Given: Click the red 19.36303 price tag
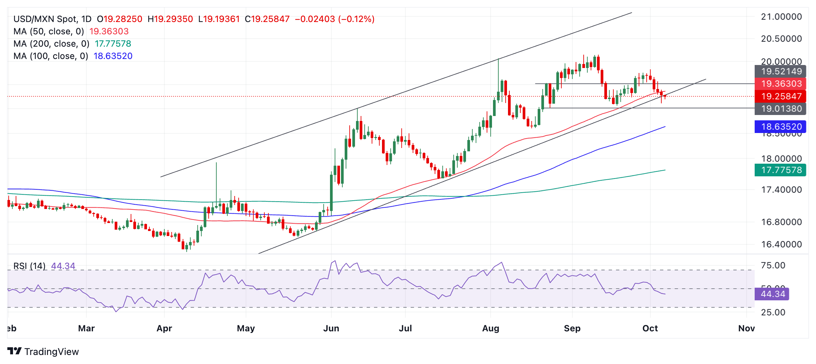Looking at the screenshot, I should coord(780,84).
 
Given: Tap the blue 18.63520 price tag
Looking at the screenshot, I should coord(780,127).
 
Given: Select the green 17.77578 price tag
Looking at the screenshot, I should coord(780,170).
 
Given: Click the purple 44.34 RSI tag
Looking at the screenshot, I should coord(772,294).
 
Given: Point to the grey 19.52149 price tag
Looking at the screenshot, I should coord(780,71).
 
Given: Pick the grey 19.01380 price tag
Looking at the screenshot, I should coord(780,109).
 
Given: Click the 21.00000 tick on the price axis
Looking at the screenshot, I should coord(781,17).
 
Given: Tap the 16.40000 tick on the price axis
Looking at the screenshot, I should coord(781,244).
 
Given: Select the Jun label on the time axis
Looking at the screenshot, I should coord(331,328).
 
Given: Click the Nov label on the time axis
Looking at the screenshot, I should coord(746,328).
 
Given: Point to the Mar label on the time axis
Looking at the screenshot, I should coord(86,328).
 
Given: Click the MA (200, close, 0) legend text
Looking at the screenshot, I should coord(51,44).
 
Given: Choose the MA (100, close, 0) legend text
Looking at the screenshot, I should coord(51,56).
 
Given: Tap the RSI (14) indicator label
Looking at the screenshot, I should coord(29,266).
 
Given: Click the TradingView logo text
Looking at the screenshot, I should coord(51,352).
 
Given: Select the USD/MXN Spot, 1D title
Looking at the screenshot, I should coord(52,19).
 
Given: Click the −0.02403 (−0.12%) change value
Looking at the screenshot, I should coord(335,19).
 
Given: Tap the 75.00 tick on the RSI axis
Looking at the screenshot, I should coord(773,265).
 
